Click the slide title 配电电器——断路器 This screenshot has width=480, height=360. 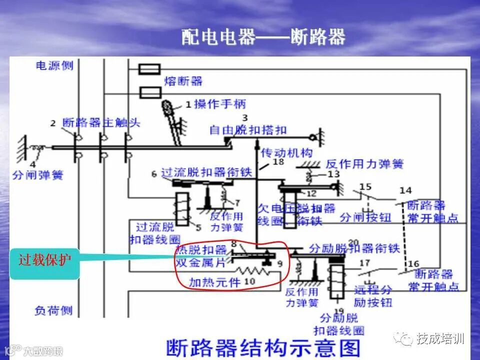click(x=263, y=37)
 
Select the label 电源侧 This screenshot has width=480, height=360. click(x=54, y=65)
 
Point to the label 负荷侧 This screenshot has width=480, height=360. click(x=54, y=311)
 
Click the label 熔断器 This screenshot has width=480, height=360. click(x=183, y=81)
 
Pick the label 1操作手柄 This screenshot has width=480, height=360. click(x=215, y=104)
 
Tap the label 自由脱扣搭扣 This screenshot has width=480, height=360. click(x=248, y=130)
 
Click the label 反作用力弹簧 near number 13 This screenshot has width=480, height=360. click(x=364, y=164)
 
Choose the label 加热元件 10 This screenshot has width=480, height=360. click(x=221, y=282)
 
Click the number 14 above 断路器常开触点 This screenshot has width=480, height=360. click(x=405, y=190)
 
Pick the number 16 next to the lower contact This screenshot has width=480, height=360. click(x=413, y=264)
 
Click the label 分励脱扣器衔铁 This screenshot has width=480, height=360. click(x=354, y=248)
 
